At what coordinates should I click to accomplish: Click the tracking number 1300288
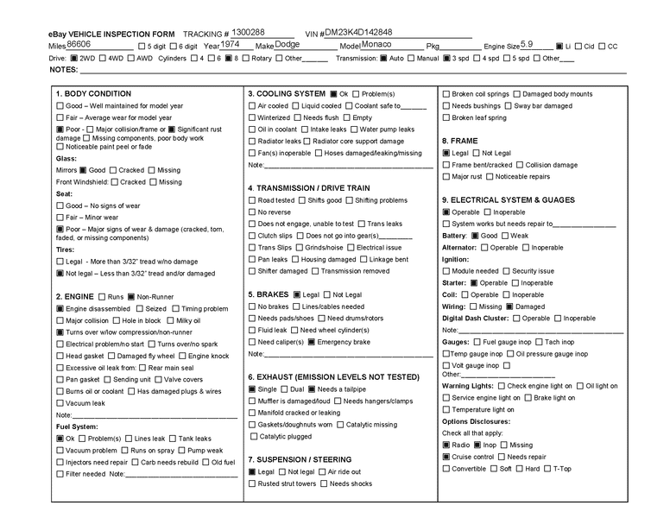click(250, 31)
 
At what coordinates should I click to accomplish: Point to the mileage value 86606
click(79, 43)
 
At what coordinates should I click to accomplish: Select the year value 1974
click(231, 43)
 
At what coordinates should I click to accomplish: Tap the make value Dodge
click(288, 43)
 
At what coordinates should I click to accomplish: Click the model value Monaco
click(376, 43)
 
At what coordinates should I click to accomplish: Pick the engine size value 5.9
click(527, 43)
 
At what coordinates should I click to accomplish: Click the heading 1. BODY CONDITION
click(93, 93)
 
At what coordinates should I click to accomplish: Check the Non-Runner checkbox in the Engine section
click(131, 296)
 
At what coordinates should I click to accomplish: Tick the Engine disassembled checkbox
click(60, 308)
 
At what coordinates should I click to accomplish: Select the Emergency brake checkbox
click(312, 342)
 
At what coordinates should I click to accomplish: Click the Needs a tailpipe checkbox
click(312, 389)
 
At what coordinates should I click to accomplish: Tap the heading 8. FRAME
click(459, 140)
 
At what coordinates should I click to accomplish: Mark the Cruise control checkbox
click(446, 457)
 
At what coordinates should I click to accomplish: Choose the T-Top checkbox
click(547, 469)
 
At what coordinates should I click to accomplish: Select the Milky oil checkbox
click(170, 320)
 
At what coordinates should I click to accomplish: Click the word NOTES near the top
click(63, 69)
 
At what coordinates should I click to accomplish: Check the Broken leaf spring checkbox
click(446, 117)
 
